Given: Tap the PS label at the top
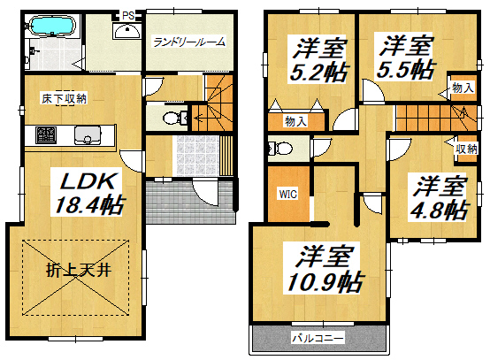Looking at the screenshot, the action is click(x=128, y=15).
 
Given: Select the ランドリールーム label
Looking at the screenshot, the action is click(x=189, y=42).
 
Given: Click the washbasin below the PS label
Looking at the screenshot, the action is click(x=126, y=31).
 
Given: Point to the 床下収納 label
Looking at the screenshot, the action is click(x=64, y=99).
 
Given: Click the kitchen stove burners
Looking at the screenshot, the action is click(x=46, y=134).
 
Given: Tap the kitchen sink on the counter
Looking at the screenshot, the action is click(x=88, y=135).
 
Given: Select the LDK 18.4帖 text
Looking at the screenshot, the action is click(x=88, y=194).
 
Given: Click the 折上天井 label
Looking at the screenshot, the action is click(x=79, y=270).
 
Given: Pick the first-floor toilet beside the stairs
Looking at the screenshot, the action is click(x=173, y=119).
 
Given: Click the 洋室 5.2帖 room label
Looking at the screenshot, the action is click(x=318, y=59).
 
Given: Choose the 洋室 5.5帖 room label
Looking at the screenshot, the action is click(x=405, y=57).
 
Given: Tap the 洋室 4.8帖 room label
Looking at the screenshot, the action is click(x=439, y=197).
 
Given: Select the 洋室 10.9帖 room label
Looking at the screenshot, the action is click(x=324, y=269).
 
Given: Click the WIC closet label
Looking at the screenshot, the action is click(x=288, y=194).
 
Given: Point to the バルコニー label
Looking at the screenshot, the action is click(x=318, y=338).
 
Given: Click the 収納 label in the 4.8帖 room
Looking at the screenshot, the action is click(x=466, y=149).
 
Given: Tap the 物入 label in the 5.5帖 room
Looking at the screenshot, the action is click(x=463, y=88).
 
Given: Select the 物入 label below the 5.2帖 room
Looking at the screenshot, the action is click(x=295, y=121).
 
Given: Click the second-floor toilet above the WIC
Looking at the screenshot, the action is click(x=280, y=148).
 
